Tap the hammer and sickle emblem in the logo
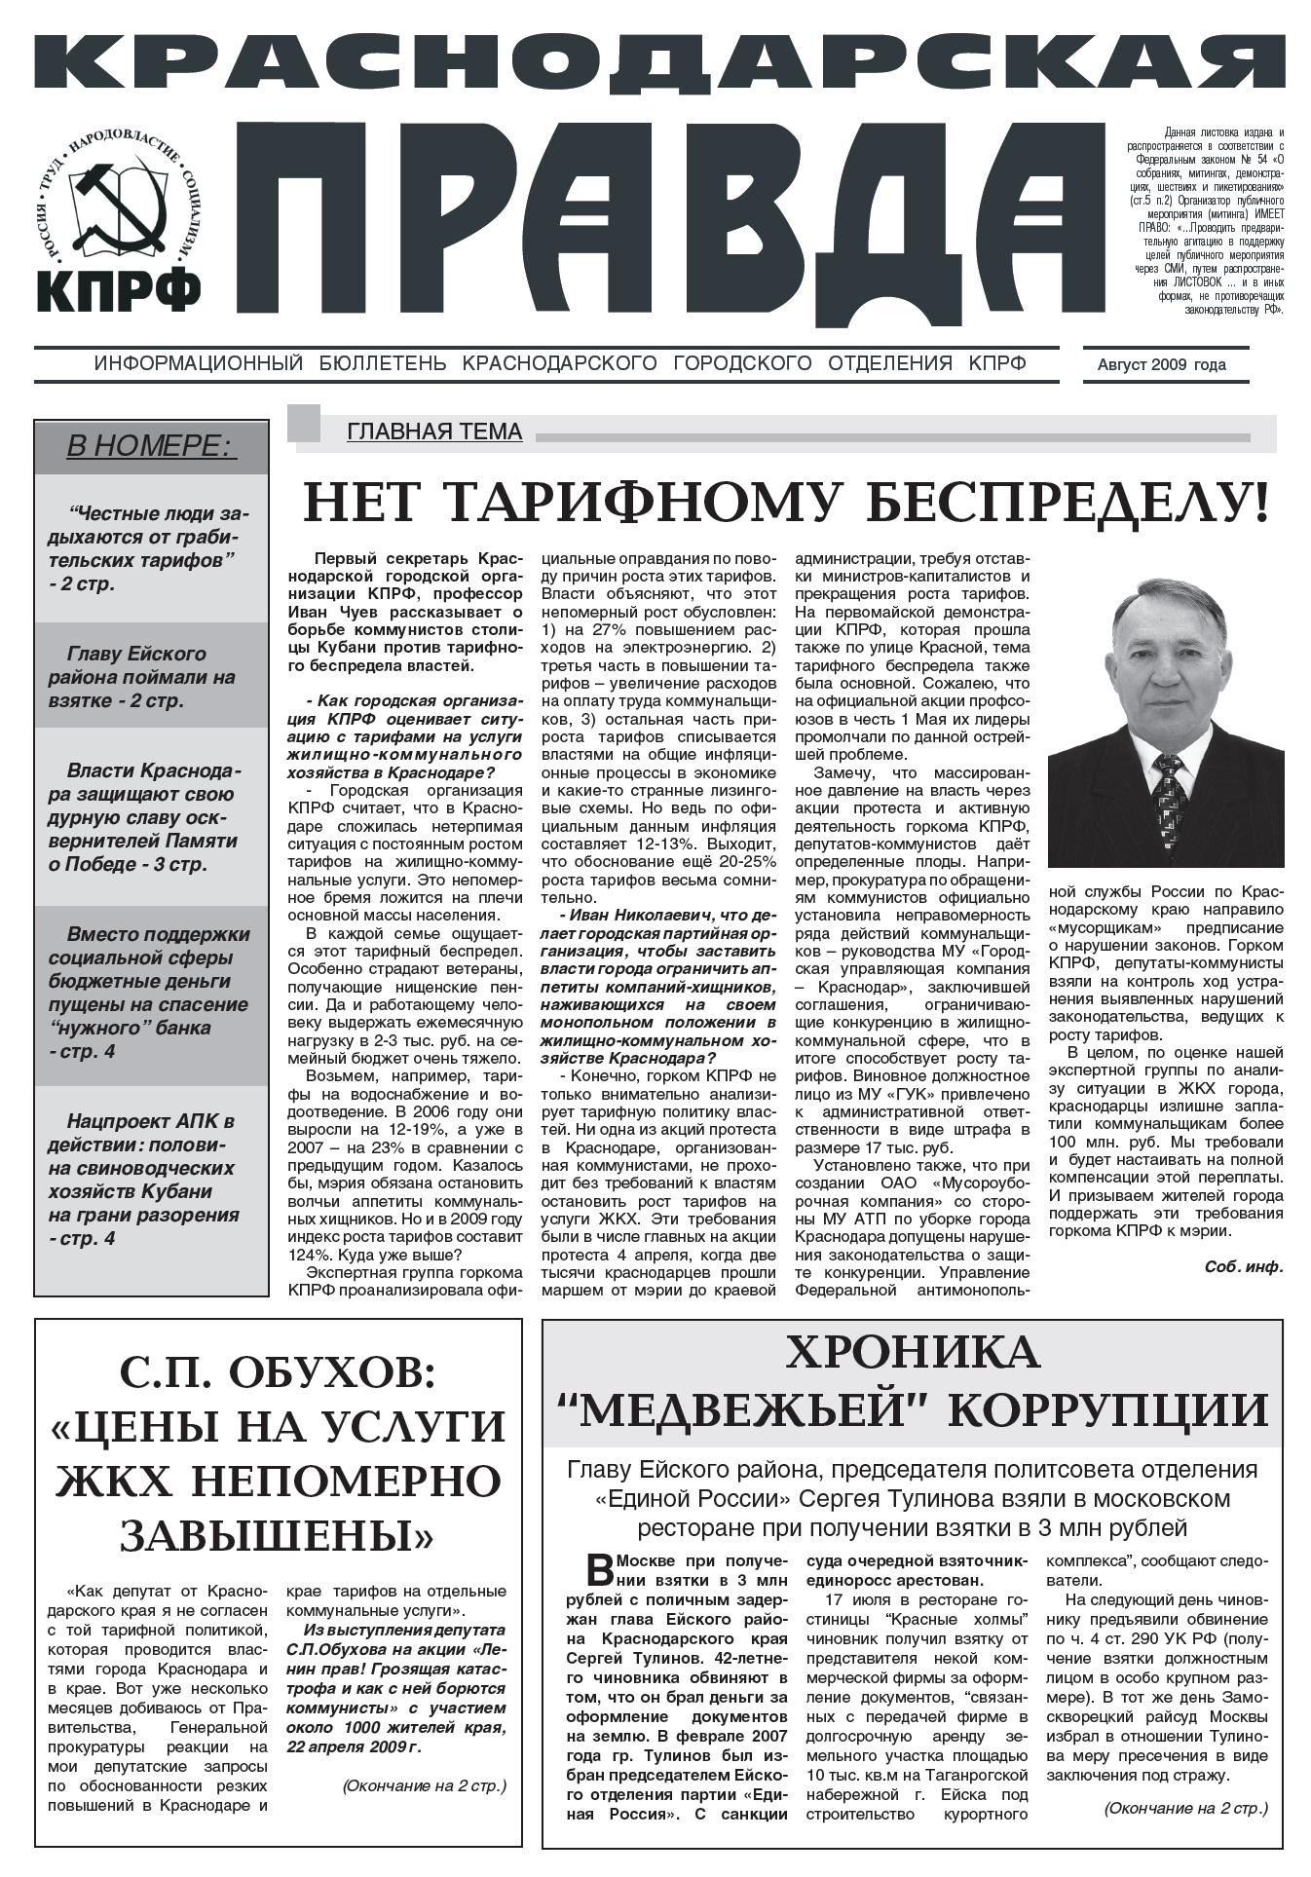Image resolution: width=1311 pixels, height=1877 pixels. coord(116,204)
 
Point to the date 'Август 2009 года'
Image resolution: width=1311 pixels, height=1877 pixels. coord(1161,365)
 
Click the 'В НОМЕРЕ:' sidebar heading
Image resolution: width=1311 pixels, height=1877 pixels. coord(151,446)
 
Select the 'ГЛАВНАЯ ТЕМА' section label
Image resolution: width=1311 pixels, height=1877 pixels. coord(434,431)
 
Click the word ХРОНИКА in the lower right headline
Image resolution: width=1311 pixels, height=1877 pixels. coord(912,1353)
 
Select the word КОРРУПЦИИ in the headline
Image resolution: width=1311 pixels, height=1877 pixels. coord(1108,1409)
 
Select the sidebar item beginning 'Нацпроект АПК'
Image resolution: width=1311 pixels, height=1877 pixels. coord(151,1179)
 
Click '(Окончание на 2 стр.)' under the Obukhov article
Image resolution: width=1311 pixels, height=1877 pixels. coord(425,1785)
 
